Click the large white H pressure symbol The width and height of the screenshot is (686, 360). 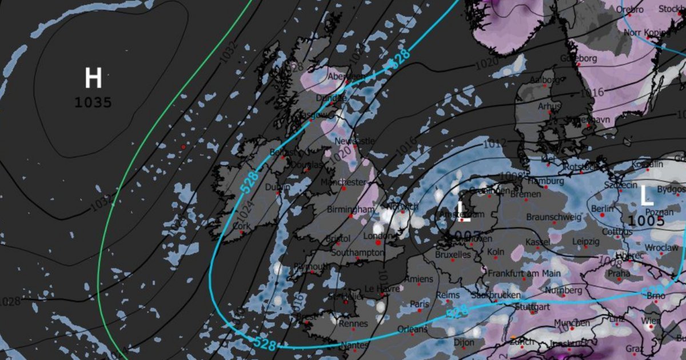93,78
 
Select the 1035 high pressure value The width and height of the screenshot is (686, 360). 93,103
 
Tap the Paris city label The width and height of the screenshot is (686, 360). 420,304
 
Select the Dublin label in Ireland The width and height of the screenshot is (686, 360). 278,187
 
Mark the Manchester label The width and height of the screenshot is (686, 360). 343,182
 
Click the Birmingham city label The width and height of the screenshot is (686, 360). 349,210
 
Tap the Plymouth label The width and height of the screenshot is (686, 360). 311,266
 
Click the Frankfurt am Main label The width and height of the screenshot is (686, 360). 524,274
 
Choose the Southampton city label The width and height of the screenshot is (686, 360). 357,252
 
